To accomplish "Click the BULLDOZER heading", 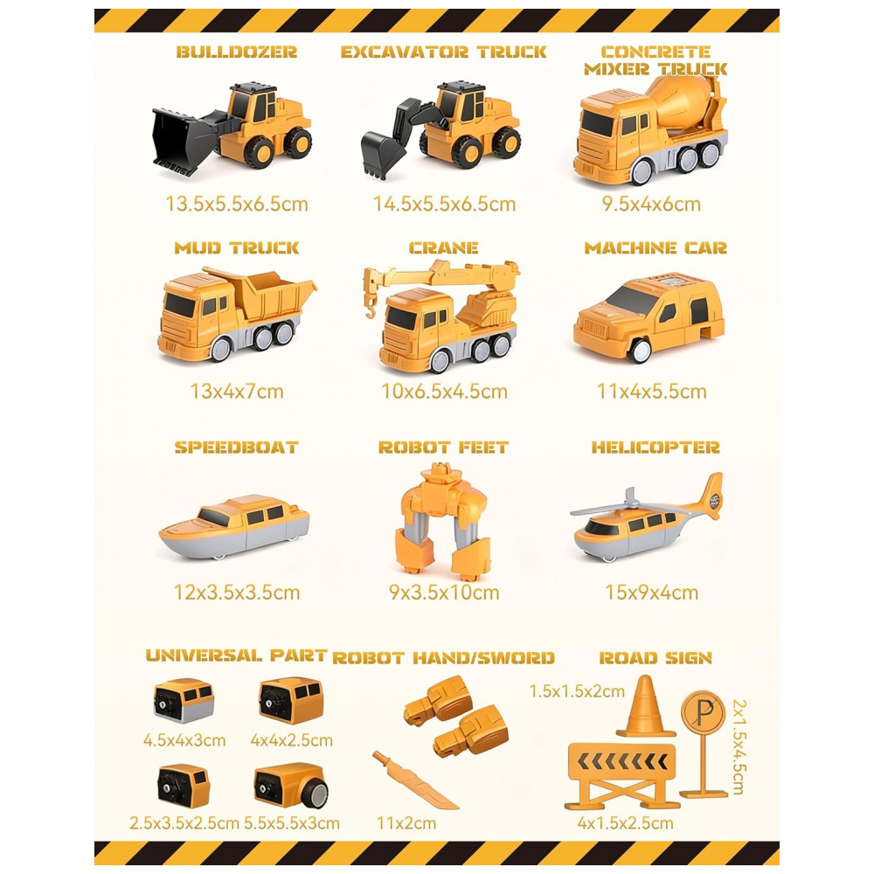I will (236, 52).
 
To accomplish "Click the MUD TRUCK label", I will (236, 247).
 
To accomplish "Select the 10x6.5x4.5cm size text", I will (444, 392).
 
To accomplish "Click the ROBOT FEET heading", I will (443, 447).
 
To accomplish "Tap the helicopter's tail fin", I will (711, 496).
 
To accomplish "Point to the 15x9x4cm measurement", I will (651, 593).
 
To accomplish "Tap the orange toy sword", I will (414, 780).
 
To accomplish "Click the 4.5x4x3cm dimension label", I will (184, 740).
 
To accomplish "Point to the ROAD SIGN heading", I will (655, 658).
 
